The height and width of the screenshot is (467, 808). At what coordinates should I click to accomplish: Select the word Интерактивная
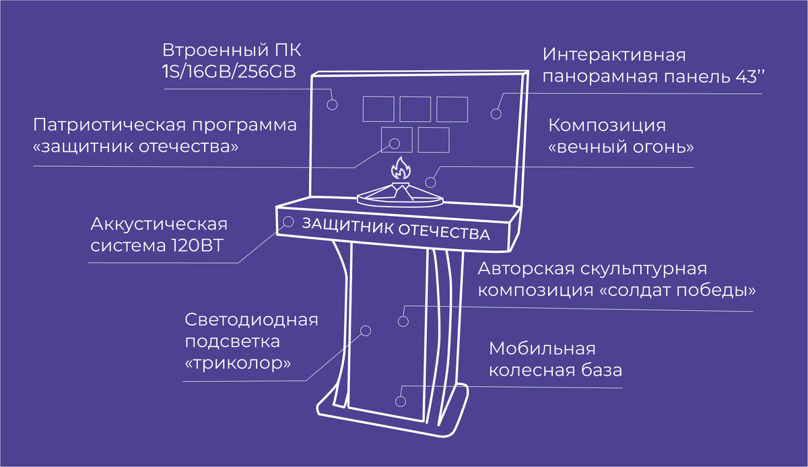point(615,55)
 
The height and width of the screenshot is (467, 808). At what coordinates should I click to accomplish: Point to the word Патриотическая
point(110,125)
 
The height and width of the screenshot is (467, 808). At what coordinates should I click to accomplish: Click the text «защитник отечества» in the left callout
point(135,147)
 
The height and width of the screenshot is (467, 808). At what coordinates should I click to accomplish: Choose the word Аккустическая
point(159,223)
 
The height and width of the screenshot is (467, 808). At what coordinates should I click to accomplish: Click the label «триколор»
point(238,363)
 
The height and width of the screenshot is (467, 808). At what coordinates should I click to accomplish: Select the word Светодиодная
point(251,319)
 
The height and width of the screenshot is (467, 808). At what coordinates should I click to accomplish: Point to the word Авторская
point(524,269)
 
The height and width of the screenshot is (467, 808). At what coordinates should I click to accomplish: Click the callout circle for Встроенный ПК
point(332,104)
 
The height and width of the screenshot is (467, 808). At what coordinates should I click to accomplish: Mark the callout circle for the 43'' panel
point(496,114)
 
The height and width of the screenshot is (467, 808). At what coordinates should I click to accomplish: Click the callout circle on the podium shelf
point(288,221)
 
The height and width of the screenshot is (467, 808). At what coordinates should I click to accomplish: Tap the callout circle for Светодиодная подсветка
point(366,330)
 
